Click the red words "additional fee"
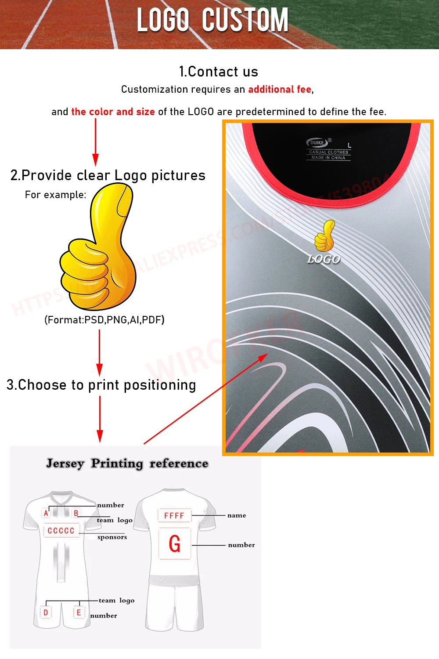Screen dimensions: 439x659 (x=280, y=90)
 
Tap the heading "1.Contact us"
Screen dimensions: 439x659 (x=219, y=72)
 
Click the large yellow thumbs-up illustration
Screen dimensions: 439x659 (x=99, y=248)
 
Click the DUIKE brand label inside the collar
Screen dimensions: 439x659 (x=317, y=142)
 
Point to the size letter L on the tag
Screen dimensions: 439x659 (x=349, y=145)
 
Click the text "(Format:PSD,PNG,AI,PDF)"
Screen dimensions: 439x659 (x=104, y=320)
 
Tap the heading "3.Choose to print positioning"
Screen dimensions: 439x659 (x=101, y=385)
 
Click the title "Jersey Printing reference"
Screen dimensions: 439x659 (x=127, y=463)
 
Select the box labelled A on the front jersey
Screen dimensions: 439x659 (x=46, y=513)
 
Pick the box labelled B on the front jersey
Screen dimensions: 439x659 (x=76, y=513)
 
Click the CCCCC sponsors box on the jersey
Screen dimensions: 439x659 (x=61, y=531)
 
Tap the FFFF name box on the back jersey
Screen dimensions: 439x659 (x=174, y=515)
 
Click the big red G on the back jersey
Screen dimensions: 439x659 (x=175, y=544)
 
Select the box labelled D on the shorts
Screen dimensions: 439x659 (x=46, y=612)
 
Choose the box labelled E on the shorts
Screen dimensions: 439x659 (x=79, y=612)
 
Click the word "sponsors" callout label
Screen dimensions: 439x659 (x=112, y=537)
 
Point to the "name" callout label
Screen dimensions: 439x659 (x=237, y=515)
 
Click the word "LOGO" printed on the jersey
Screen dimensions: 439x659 (x=324, y=259)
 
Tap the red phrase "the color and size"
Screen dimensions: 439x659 (x=113, y=112)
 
